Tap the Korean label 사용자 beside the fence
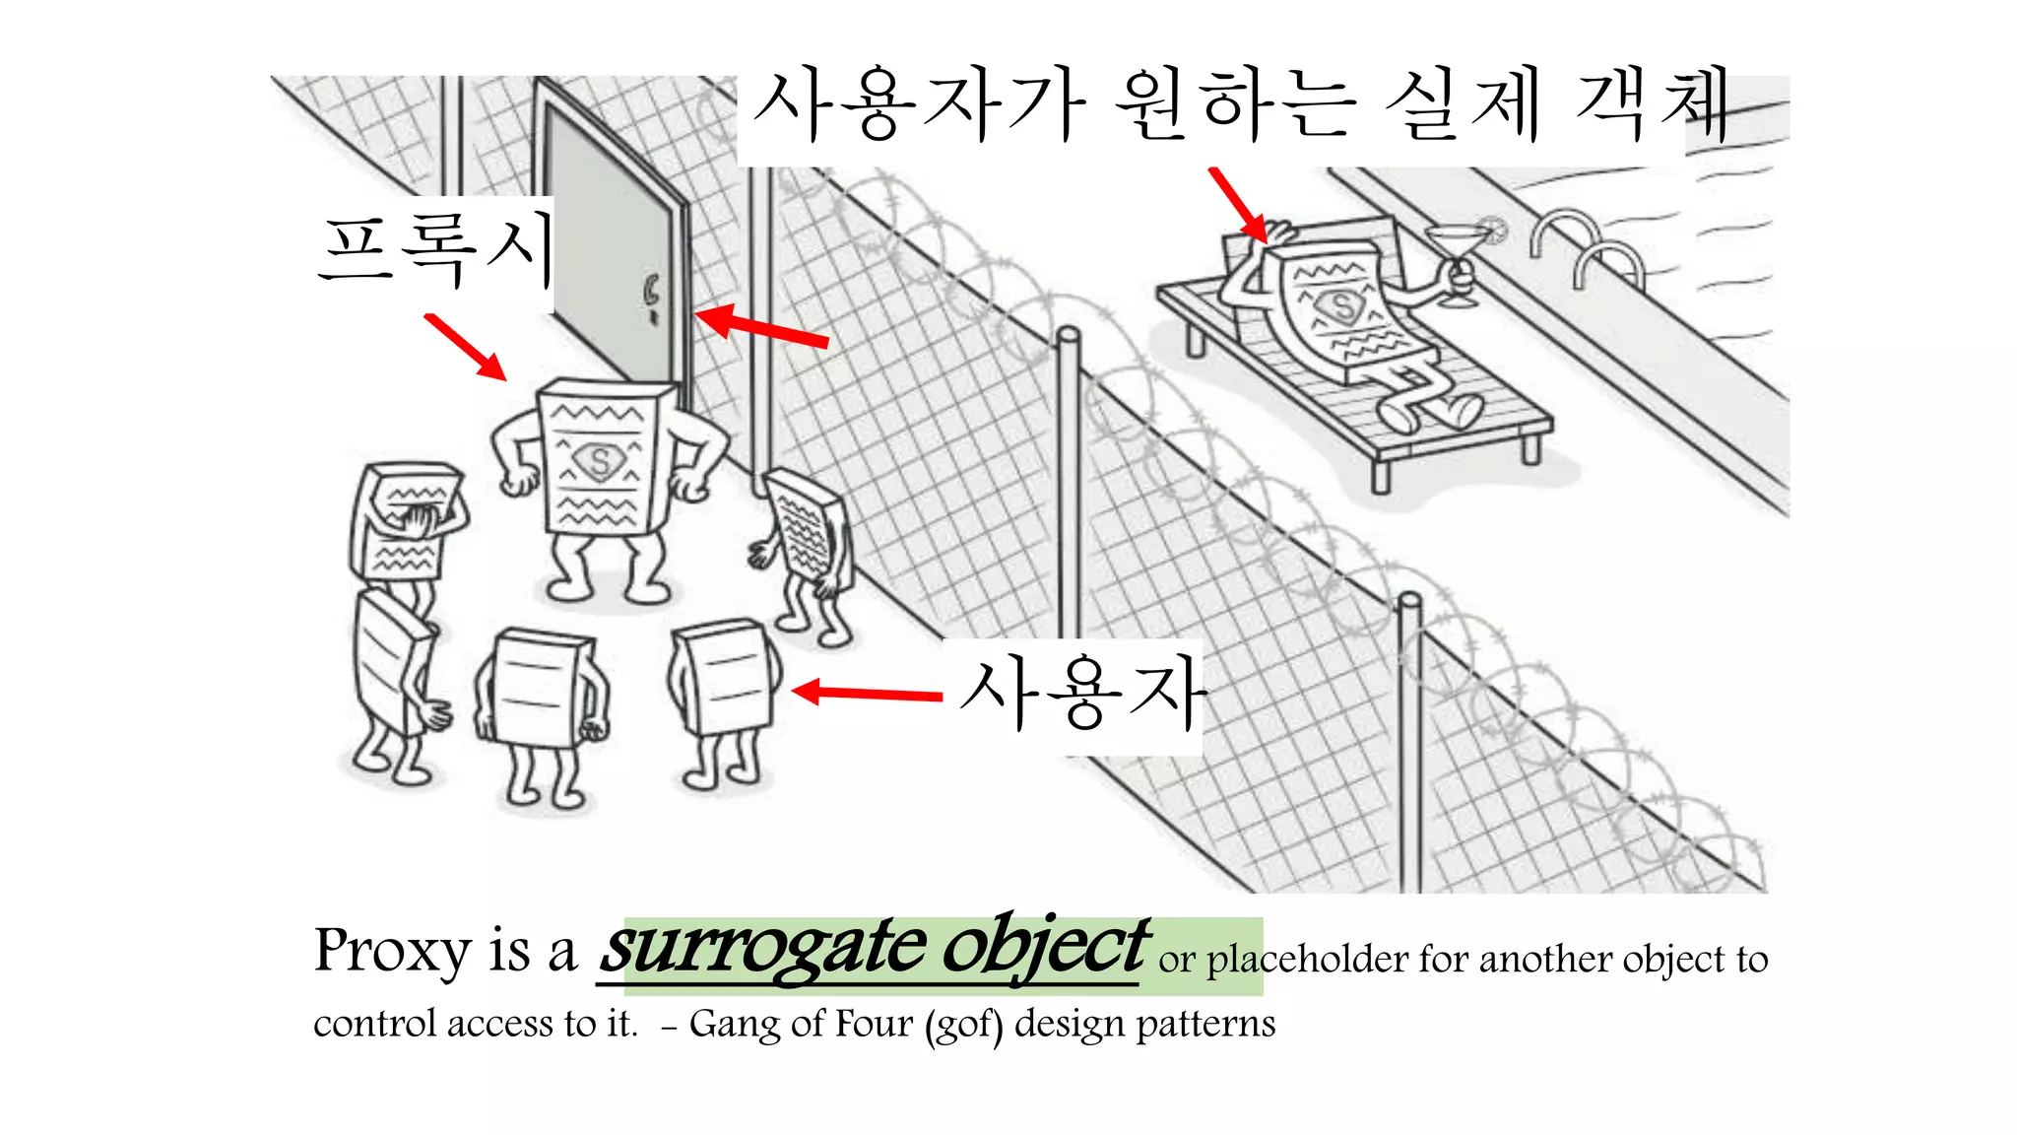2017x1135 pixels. (x=1082, y=696)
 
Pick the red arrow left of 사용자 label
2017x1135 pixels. (x=867, y=694)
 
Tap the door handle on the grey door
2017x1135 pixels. (x=651, y=296)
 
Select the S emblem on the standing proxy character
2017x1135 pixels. (x=599, y=461)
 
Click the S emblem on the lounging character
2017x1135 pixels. (x=1341, y=306)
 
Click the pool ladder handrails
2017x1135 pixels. (x=1587, y=247)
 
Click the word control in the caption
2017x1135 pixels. (x=375, y=1025)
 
